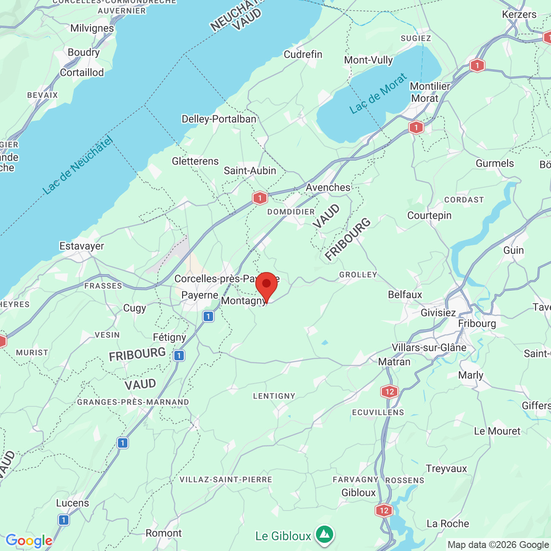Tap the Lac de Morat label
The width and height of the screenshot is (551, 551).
click(378, 94)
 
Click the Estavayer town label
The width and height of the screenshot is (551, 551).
click(82, 246)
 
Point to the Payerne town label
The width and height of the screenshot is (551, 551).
click(200, 295)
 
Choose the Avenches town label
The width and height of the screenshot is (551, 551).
click(328, 187)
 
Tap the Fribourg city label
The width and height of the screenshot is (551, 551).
click(477, 323)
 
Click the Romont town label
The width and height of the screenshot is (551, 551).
click(164, 533)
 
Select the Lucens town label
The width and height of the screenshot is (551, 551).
click(73, 503)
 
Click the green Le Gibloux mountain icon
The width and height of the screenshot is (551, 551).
click(325, 535)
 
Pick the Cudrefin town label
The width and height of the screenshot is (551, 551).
click(303, 54)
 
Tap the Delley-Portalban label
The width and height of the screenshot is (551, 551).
click(219, 119)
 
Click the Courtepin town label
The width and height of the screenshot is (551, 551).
click(429, 215)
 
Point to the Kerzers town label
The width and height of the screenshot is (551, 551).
click(519, 14)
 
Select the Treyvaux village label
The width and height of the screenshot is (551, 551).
click(446, 468)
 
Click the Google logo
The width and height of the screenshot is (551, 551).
click(29, 541)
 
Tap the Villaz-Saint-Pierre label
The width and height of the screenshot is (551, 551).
click(226, 480)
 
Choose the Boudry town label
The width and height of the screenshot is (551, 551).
click(84, 52)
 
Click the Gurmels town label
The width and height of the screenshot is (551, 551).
click(495, 163)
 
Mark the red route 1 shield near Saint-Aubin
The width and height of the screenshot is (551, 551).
click(260, 198)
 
